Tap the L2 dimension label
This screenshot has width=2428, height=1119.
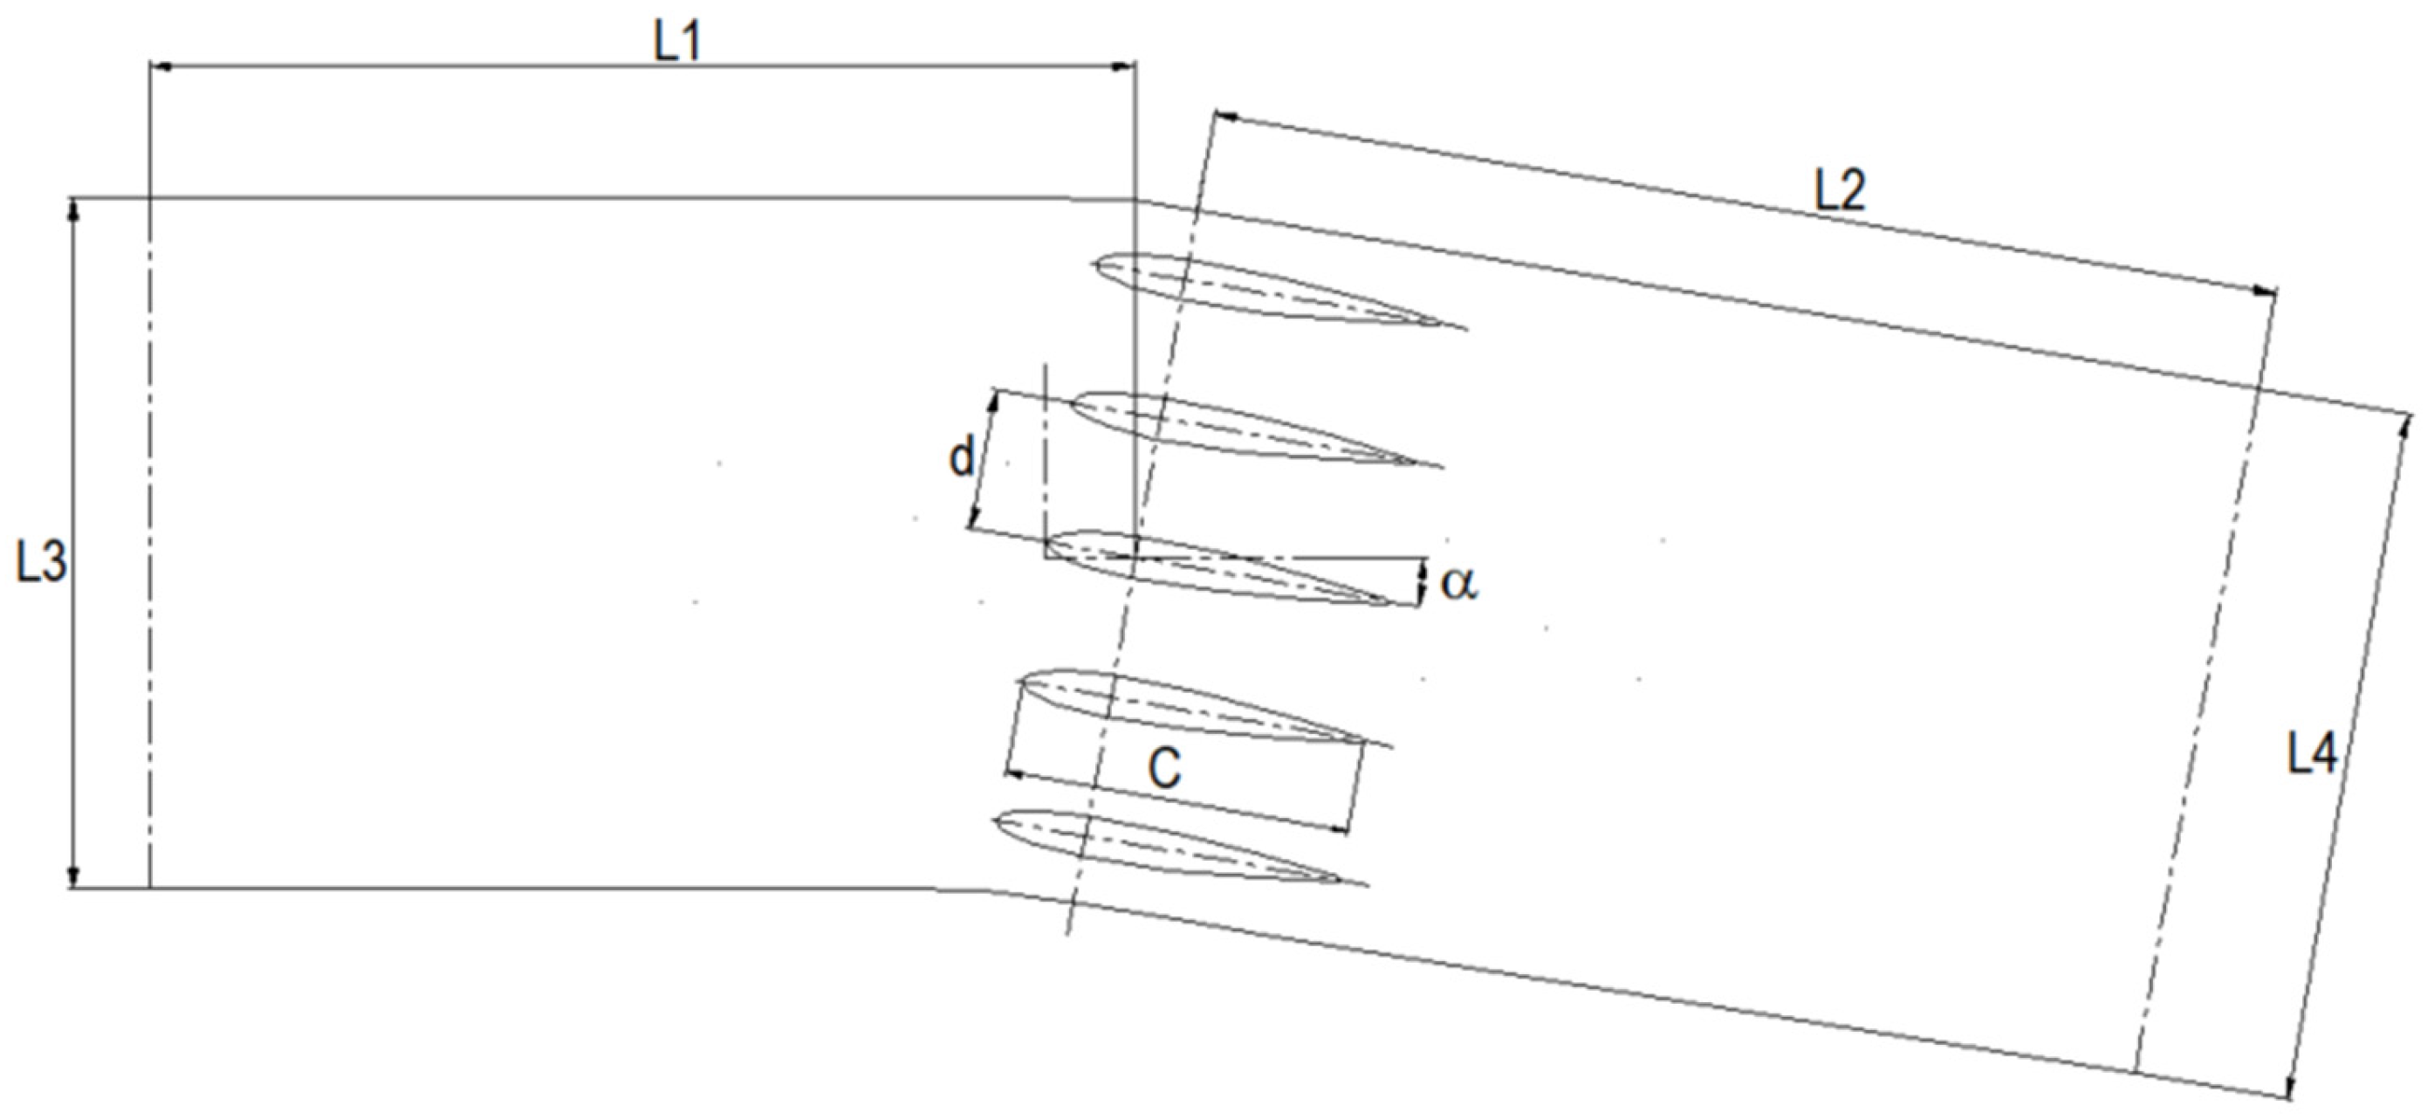click(1840, 192)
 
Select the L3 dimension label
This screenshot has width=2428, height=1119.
click(42, 564)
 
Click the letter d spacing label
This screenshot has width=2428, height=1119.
click(960, 459)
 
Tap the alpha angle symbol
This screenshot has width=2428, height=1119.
click(1459, 585)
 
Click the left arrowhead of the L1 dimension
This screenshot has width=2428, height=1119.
click(158, 67)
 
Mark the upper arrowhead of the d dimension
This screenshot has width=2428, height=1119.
click(992, 401)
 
